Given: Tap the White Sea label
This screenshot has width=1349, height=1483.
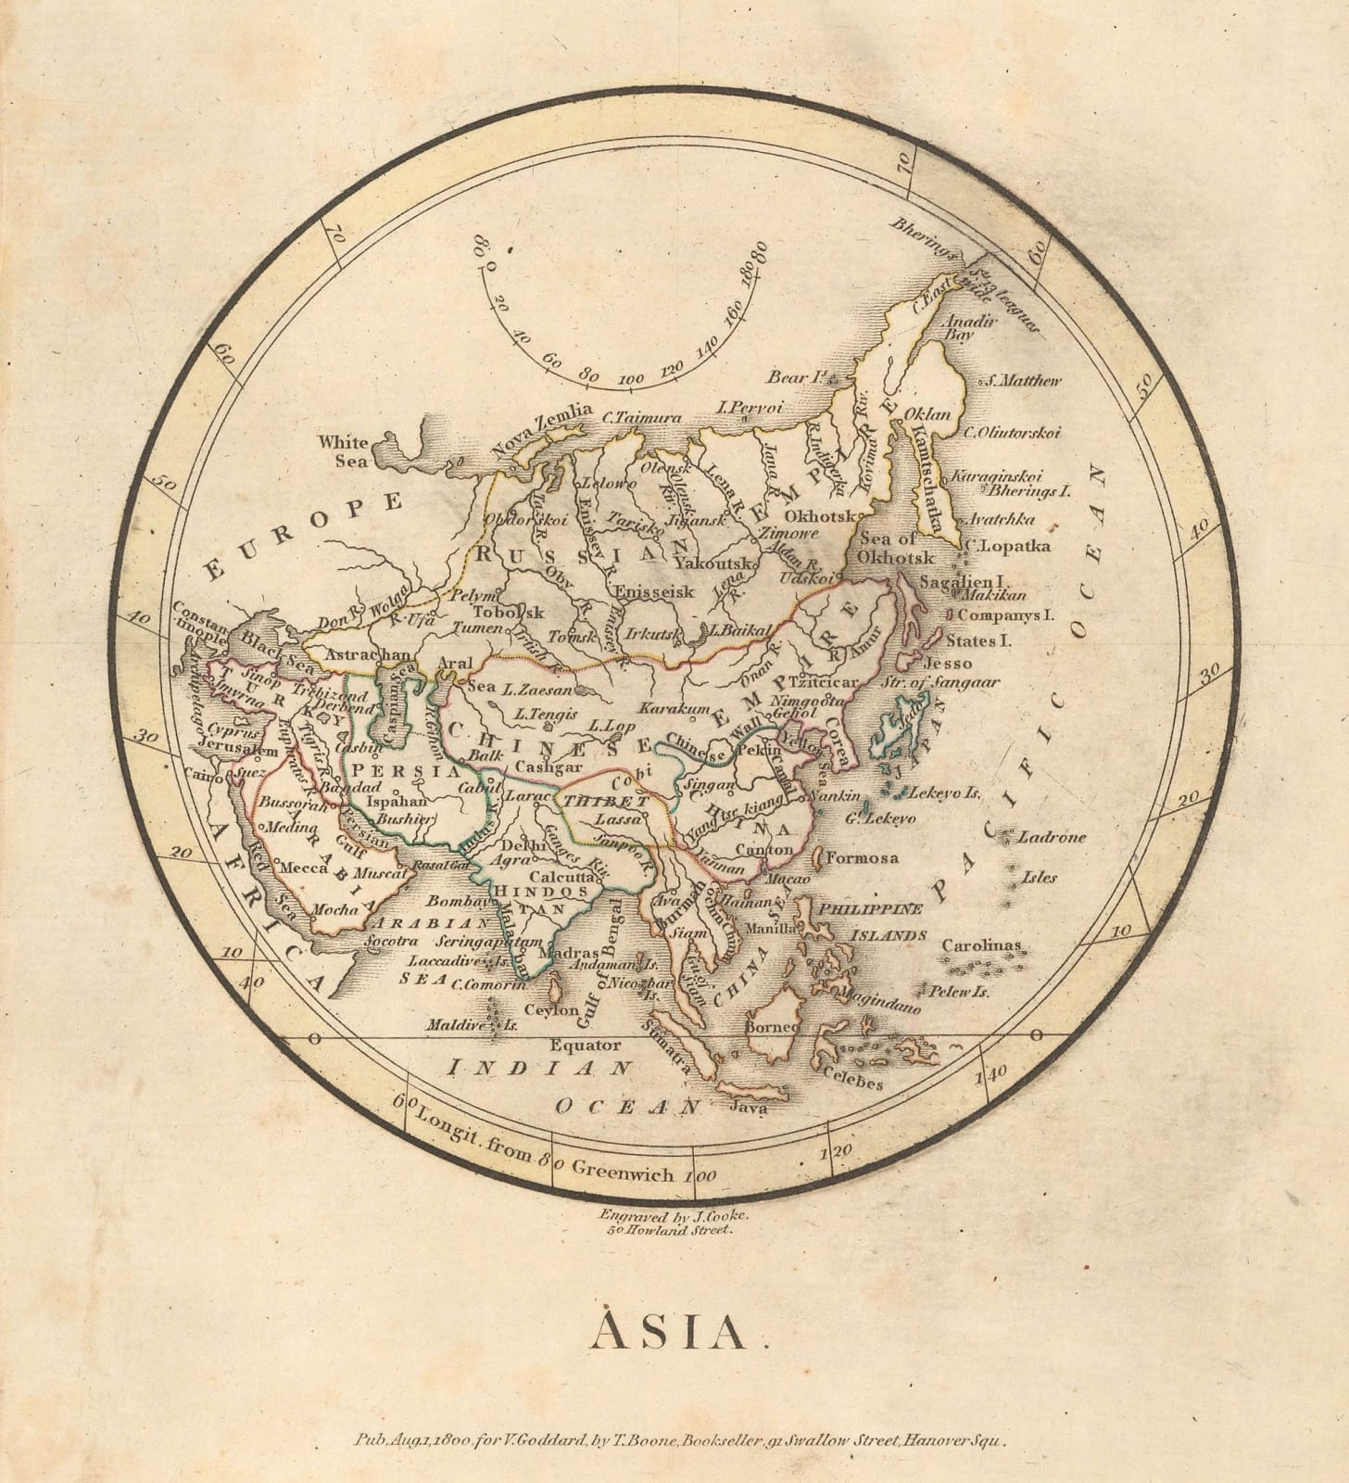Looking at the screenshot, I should (344, 450).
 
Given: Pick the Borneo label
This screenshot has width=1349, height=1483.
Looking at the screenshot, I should (773, 1027).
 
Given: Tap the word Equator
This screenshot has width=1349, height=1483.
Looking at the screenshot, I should (585, 1045).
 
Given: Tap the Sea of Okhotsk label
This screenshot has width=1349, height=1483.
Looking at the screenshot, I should (896, 549).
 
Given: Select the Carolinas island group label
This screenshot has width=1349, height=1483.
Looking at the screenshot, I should (981, 946).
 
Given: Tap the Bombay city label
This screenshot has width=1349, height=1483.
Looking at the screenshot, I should (458, 901).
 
